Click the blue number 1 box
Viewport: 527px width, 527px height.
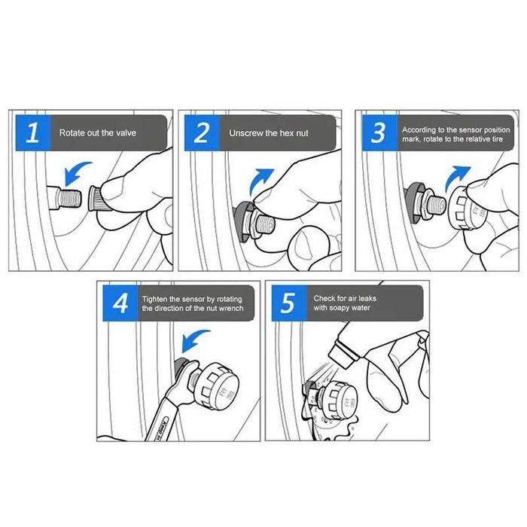click(x=33, y=133)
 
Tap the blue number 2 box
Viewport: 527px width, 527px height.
click(x=202, y=133)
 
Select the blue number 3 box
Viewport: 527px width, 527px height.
click(x=379, y=133)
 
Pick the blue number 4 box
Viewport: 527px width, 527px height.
click(x=120, y=303)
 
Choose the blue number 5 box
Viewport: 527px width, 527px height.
click(x=289, y=303)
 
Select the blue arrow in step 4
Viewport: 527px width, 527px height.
click(x=193, y=339)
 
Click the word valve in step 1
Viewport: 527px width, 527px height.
click(x=125, y=133)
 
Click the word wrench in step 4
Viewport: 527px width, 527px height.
click(x=231, y=308)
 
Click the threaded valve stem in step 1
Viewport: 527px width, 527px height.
click(x=65, y=198)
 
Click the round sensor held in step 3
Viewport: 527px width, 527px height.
click(x=468, y=209)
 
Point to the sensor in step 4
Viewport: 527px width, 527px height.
click(x=217, y=385)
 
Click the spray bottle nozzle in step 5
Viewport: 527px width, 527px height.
click(x=342, y=355)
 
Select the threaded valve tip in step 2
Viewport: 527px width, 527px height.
click(x=265, y=224)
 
